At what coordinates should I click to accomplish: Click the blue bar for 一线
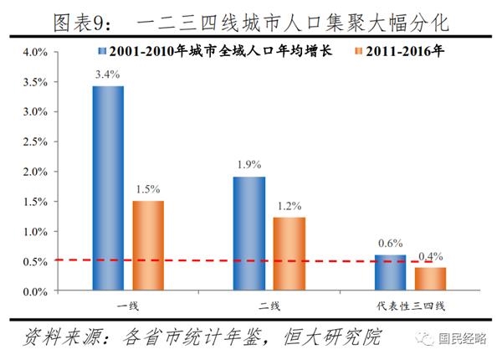108,188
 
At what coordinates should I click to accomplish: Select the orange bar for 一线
148,245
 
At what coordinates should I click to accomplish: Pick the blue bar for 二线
249,234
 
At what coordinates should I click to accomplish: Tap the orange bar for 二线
289,255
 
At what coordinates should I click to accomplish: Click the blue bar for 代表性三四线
390,273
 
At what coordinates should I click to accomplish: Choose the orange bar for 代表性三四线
430,279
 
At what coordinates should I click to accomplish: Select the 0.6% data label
390,244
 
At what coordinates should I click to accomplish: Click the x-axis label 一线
128,304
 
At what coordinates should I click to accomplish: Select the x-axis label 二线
269,304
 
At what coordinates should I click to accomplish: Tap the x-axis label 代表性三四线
410,304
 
